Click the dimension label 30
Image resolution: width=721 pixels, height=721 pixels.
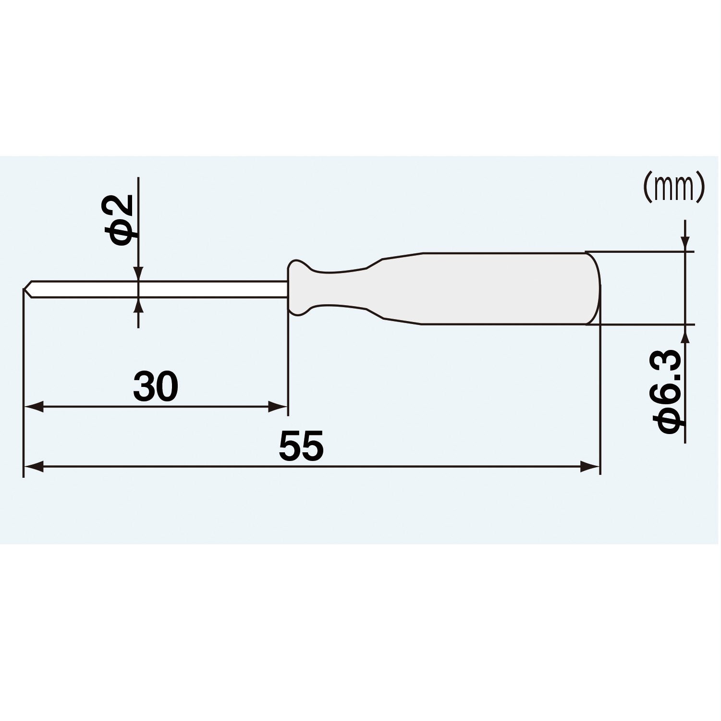point(156,386)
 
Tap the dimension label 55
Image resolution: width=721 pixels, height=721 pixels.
point(301,446)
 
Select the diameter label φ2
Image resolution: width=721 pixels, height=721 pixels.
point(118,220)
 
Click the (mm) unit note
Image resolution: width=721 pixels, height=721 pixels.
point(674,187)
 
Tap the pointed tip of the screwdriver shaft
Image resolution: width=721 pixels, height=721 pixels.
point(24,289)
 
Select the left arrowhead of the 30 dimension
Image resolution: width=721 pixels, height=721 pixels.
point(34,407)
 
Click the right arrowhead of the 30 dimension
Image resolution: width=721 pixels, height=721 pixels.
point(278,407)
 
